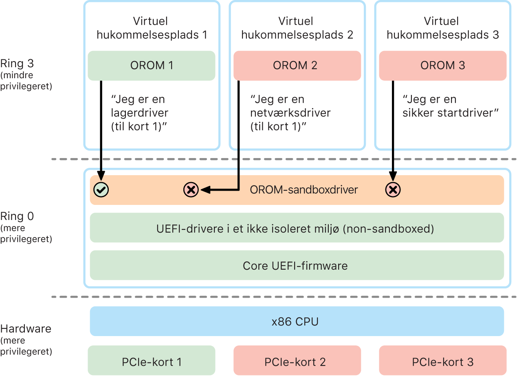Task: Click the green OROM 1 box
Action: click(151, 66)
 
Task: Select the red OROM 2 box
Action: click(297, 66)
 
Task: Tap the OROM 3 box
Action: click(442, 66)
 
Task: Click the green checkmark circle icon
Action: click(101, 189)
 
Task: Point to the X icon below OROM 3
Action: click(393, 189)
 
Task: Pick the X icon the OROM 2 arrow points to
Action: click(191, 189)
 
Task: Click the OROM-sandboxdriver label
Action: click(304, 189)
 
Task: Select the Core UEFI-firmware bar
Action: click(297, 266)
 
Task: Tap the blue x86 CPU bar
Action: click(297, 321)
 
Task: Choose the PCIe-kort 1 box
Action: click(151, 361)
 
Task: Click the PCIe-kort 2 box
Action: click(297, 361)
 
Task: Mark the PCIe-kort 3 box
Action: click(442, 361)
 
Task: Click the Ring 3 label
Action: click(17, 64)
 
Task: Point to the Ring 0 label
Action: click(17, 216)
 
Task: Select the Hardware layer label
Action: click(26, 329)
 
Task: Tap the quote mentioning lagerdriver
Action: click(139, 113)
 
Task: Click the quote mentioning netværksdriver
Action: click(290, 113)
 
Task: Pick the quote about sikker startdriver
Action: click(451, 106)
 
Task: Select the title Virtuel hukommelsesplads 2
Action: click(297, 28)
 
